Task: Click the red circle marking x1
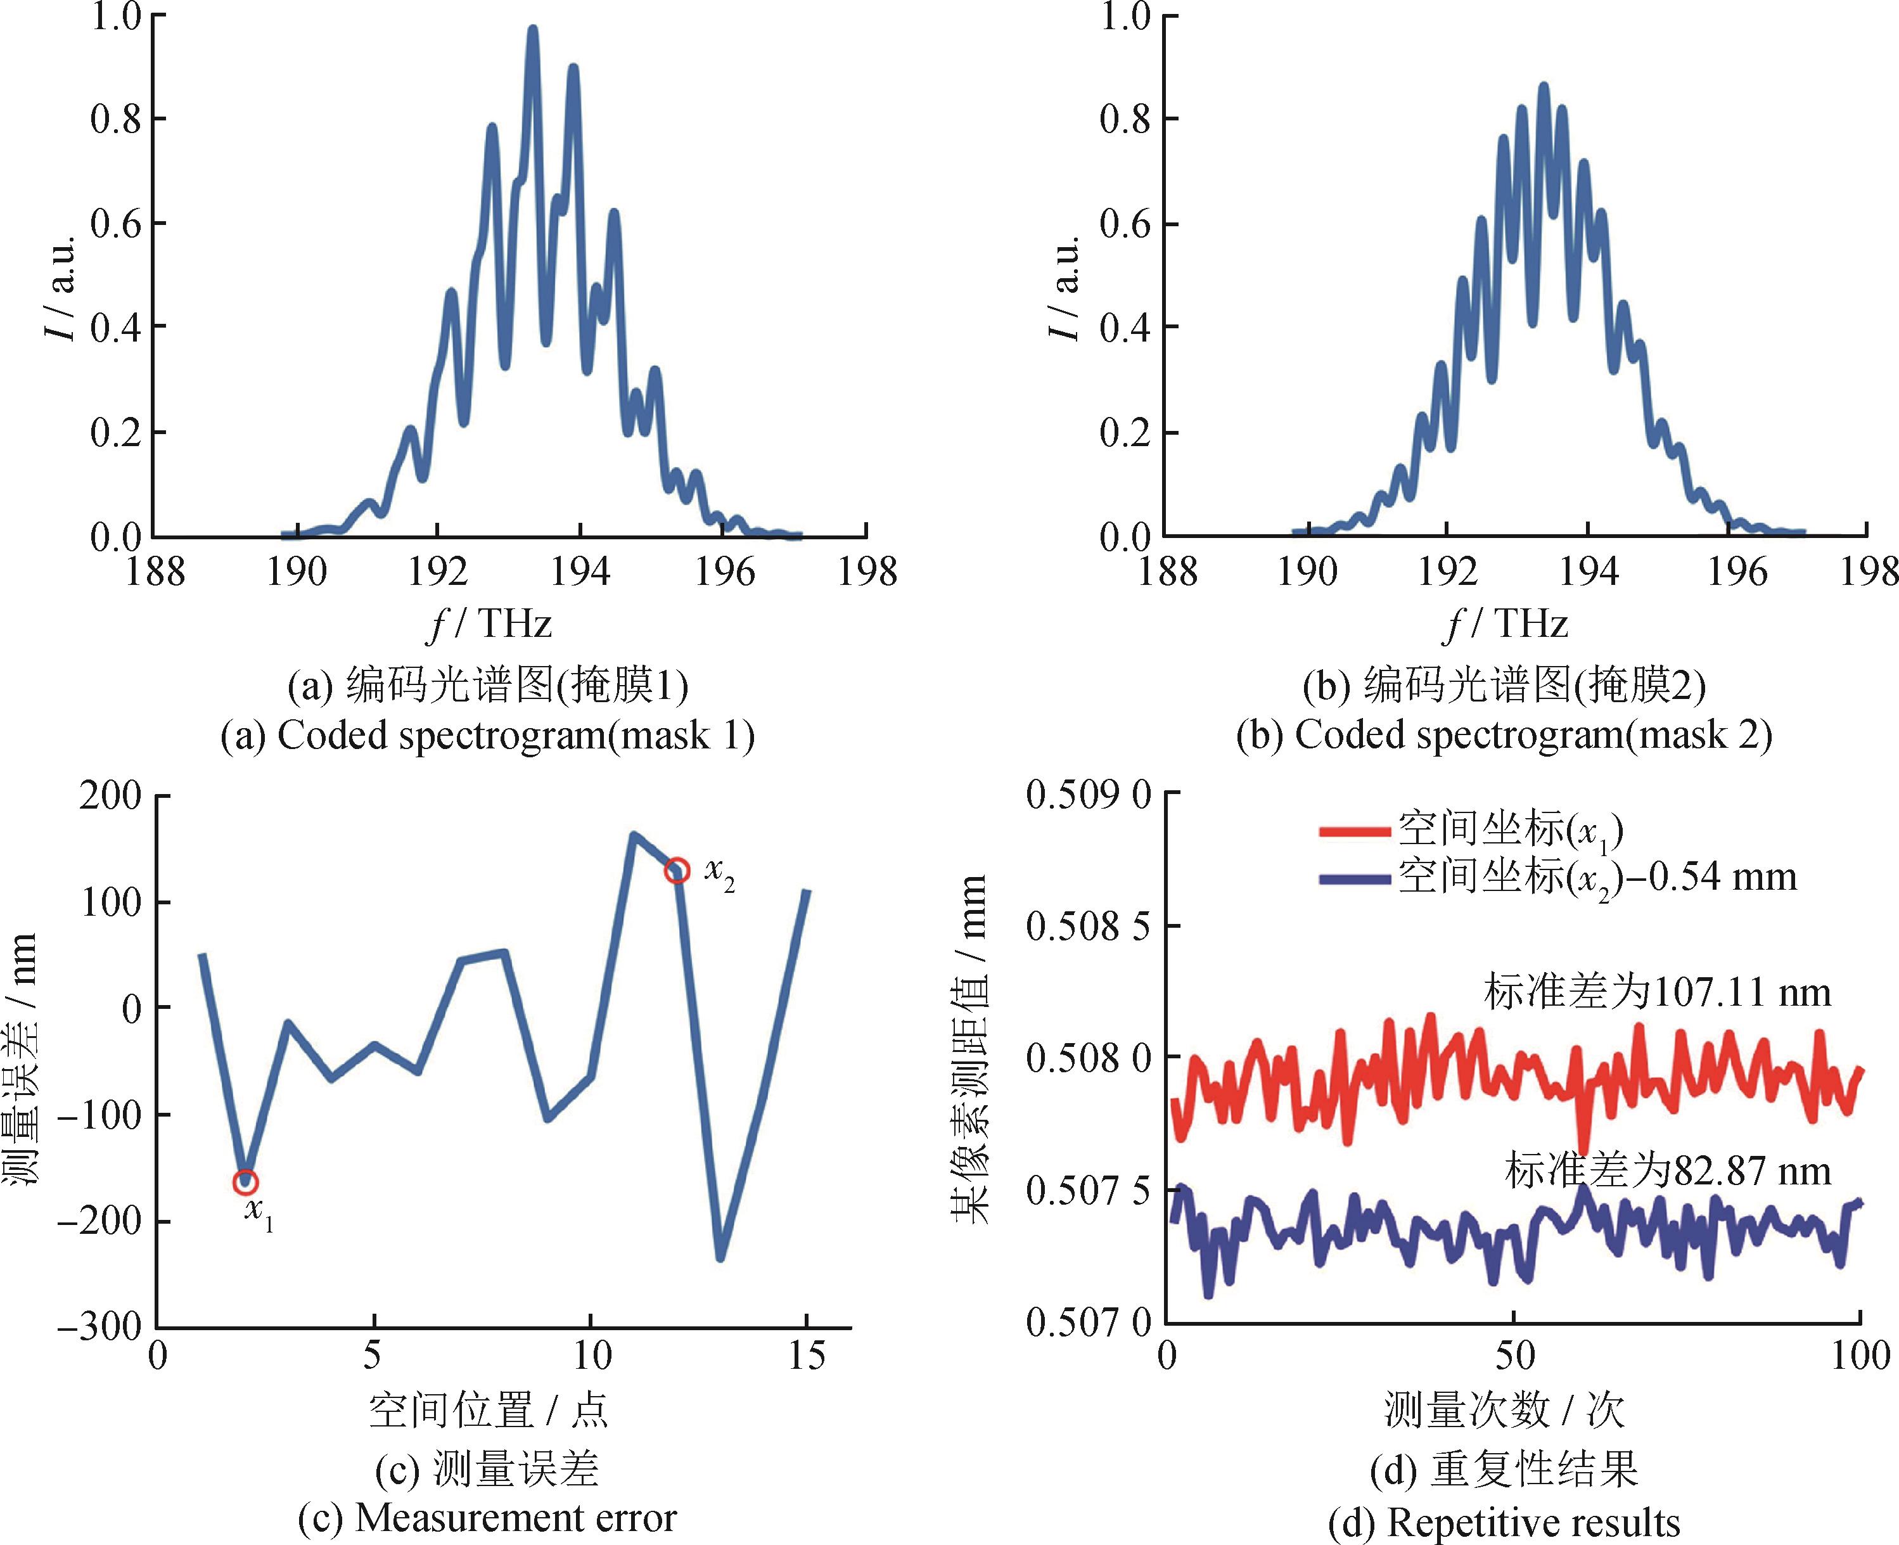coord(246,1182)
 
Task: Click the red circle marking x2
coord(677,870)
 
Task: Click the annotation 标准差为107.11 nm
coord(1657,991)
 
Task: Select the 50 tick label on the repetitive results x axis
coord(1514,1356)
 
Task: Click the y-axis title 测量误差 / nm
coord(22,1059)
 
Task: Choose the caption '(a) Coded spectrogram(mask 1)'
coord(488,736)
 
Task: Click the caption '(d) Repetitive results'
coord(1504,1523)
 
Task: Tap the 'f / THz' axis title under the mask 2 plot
coord(1504,624)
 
